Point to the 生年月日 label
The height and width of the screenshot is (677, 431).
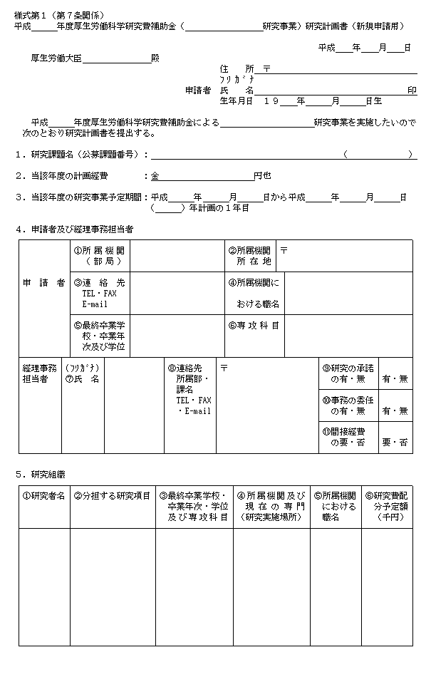(237, 101)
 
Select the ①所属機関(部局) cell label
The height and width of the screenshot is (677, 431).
(99, 256)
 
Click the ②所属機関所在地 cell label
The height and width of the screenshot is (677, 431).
(249, 256)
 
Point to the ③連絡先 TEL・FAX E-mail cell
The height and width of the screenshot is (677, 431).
(99, 293)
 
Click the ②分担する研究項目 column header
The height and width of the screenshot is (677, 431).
(112, 496)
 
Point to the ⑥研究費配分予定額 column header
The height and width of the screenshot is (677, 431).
(388, 506)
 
